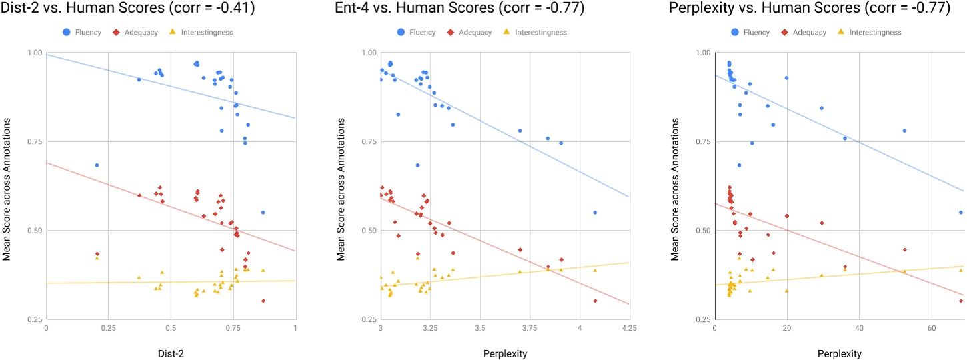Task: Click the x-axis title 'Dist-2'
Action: pos(171,353)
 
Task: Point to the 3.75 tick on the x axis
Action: pos(530,329)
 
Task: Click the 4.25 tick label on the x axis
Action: pos(629,329)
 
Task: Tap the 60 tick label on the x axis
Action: pos(931,329)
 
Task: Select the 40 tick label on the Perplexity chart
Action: pos(859,329)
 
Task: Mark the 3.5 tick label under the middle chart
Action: pos(480,329)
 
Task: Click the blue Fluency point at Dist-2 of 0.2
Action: pos(97,165)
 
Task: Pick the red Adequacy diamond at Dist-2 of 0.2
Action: pos(97,254)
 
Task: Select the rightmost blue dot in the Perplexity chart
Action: pos(960,212)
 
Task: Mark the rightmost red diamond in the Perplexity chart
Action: pos(960,301)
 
